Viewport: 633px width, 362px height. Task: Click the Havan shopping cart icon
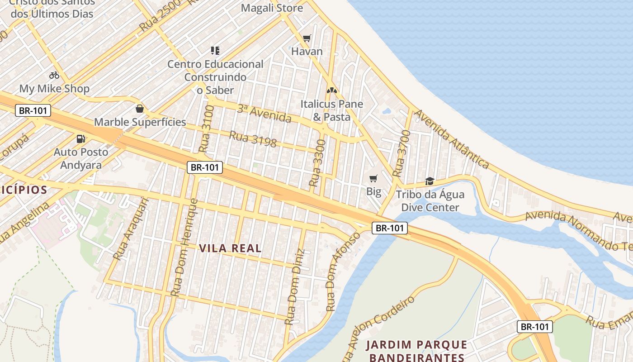coord(307,38)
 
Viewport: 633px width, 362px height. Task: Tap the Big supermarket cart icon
coord(373,179)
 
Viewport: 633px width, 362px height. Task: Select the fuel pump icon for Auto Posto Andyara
coord(81,139)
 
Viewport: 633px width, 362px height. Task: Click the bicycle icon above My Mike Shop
coord(54,75)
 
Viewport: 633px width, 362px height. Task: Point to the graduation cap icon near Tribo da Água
coord(430,181)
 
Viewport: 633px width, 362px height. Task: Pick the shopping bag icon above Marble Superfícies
coord(140,109)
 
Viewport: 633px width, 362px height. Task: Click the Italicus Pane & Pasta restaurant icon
coord(332,91)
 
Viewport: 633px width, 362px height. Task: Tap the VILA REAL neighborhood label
coord(230,248)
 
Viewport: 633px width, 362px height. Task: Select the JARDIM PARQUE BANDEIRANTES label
coord(416,351)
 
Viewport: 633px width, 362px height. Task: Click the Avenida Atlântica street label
coord(452,139)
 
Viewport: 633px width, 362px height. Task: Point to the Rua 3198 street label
coord(253,139)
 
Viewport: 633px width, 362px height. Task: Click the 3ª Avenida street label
coord(264,114)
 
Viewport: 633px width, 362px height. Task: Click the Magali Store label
coord(272,8)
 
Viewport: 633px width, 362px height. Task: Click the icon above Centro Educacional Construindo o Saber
coord(215,50)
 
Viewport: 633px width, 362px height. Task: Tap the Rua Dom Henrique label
coord(185,248)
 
